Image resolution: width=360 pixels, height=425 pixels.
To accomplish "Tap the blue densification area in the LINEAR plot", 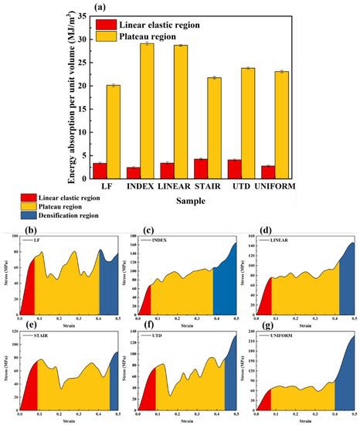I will [346, 286].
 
